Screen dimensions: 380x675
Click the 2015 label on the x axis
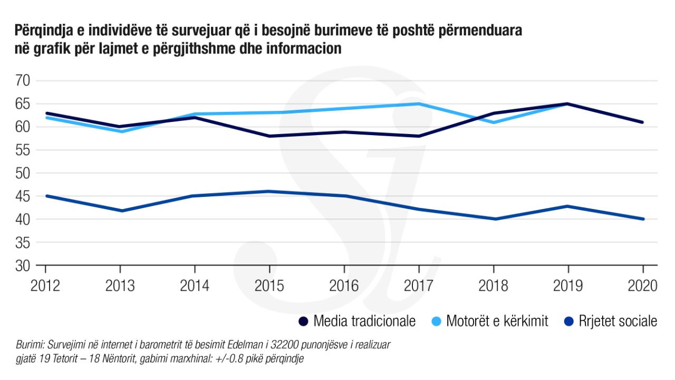269,286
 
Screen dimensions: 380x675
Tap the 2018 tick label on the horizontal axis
494,286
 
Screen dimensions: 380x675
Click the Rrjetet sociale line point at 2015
269,191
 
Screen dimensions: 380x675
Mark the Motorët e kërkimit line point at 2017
419,103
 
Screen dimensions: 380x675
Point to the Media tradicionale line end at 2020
643,122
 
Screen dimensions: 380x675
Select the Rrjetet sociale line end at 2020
643,219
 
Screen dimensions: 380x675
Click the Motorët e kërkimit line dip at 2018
494,122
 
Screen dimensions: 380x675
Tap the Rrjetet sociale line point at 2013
120,211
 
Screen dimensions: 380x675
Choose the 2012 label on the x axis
45,286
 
